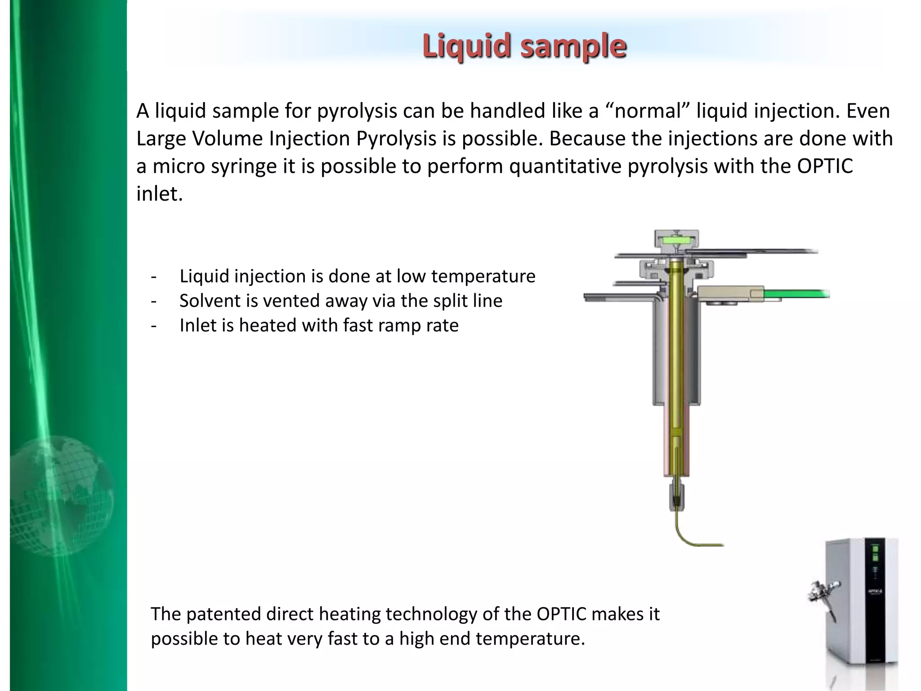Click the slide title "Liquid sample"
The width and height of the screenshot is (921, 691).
click(524, 46)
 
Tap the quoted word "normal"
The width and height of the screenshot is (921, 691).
click(648, 111)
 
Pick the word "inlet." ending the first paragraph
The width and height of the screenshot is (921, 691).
click(160, 194)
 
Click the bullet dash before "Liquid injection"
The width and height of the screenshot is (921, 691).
click(154, 276)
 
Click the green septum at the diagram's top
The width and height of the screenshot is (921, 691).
click(676, 241)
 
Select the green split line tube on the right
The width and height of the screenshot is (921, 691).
click(796, 295)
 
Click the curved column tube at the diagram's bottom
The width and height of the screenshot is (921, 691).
click(688, 538)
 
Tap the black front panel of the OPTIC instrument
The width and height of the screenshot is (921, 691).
click(875, 598)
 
